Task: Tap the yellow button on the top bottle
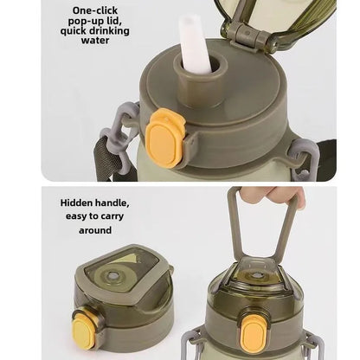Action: (x=164, y=138)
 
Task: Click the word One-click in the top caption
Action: (x=95, y=10)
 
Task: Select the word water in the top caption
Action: (x=95, y=40)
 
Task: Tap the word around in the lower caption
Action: (x=95, y=230)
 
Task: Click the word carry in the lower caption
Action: (x=111, y=216)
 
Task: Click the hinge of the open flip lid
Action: (x=250, y=35)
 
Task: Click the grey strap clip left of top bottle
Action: (x=119, y=136)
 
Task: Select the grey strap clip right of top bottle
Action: (x=301, y=157)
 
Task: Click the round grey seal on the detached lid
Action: (x=112, y=276)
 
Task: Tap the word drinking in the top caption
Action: (x=109, y=31)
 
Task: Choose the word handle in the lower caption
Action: (x=112, y=202)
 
